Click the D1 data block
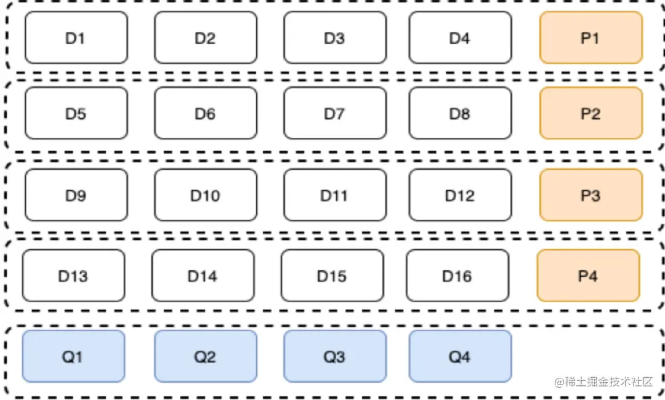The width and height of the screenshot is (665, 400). pos(76,38)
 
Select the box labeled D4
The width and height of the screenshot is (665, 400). pos(460,38)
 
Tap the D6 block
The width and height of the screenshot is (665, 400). pos(205,113)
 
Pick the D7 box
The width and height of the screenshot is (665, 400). pos(335,113)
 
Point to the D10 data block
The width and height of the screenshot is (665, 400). pos(205,195)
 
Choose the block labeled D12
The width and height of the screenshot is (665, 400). pos(460,195)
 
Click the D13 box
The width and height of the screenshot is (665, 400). pos(73,276)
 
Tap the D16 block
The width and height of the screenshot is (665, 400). pos(457,276)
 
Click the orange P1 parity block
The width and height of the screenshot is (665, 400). pos(590,38)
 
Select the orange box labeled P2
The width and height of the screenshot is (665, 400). pos(590,113)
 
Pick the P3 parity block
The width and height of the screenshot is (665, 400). pos(590,195)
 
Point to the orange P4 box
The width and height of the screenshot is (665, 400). pos(588,276)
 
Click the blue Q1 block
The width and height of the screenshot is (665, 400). pos(73,356)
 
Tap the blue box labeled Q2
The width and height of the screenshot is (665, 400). pos(205,356)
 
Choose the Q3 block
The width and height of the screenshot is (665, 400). pos(335,356)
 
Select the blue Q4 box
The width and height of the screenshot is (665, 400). pos(460,356)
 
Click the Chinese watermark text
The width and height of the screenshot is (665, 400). pos(603,382)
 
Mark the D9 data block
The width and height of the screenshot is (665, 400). pos(76,195)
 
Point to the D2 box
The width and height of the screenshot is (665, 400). pos(205,38)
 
